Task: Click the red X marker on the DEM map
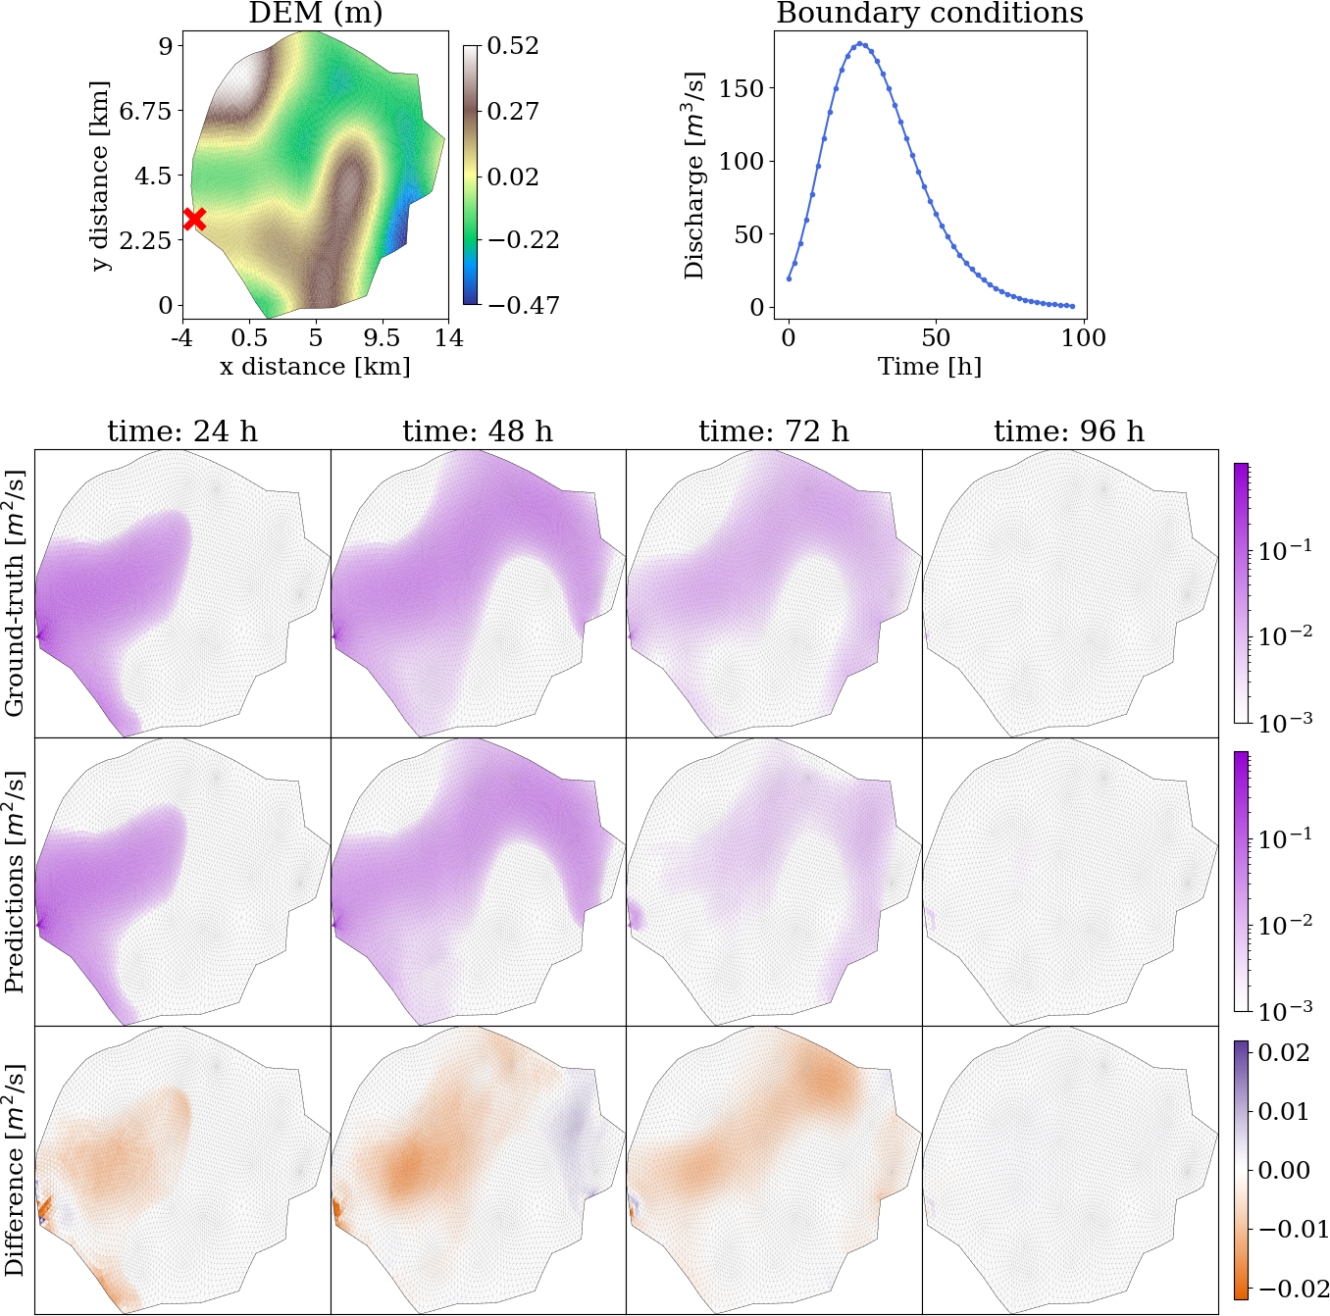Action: click(194, 219)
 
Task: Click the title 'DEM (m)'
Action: click(315, 14)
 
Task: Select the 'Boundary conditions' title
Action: click(929, 14)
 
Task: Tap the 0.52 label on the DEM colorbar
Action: click(513, 46)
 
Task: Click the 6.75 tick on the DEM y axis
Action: click(145, 111)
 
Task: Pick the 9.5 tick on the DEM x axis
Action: click(382, 338)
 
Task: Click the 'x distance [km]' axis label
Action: click(315, 367)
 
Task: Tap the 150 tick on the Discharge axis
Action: click(742, 88)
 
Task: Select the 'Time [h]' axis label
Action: click(929, 367)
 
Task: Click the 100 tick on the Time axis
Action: click(1083, 338)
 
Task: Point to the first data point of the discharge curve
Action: click(789, 278)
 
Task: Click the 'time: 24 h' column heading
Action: click(182, 431)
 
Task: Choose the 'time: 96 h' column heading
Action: click(1069, 431)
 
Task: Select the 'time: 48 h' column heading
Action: click(478, 431)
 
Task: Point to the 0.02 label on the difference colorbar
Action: click(1284, 1052)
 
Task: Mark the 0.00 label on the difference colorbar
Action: click(1284, 1170)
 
